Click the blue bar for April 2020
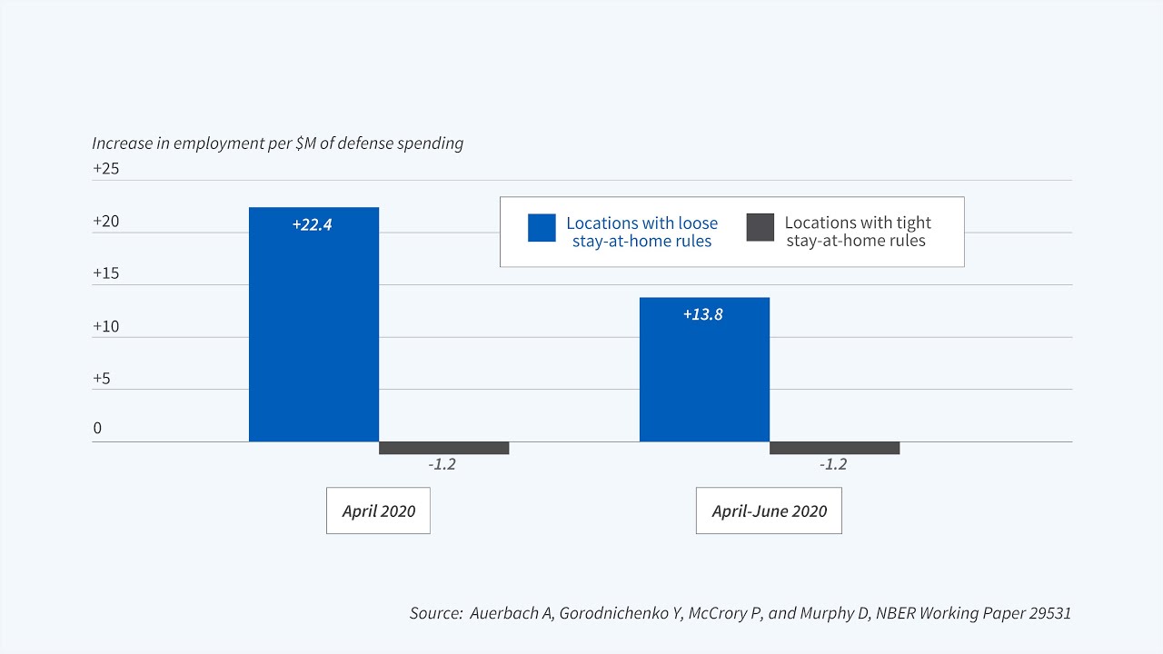tap(313, 336)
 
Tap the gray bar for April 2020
tap(443, 448)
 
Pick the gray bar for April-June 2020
tap(834, 448)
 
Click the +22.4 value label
tap(312, 224)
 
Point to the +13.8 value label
tap(702, 315)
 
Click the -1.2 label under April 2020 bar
tap(442, 464)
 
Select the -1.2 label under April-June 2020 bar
tap(832, 464)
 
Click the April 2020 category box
tap(378, 510)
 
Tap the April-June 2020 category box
tap(769, 510)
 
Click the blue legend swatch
tap(542, 228)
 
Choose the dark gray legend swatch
tap(760, 228)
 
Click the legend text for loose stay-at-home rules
tap(641, 232)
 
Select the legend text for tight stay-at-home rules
tap(857, 232)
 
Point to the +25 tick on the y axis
tap(105, 169)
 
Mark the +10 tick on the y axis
tap(105, 326)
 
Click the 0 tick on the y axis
tap(97, 429)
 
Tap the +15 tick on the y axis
tap(105, 273)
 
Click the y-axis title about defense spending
tap(277, 144)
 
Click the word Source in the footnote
tap(435, 613)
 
